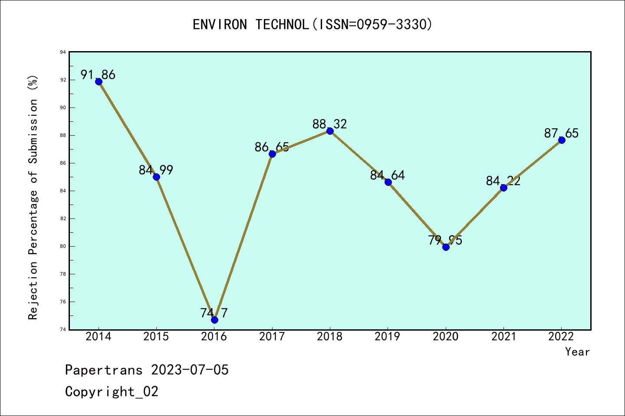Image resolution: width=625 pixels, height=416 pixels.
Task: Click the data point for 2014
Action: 99,81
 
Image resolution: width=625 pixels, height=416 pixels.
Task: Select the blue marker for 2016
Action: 214,320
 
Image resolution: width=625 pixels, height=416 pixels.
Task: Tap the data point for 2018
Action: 330,131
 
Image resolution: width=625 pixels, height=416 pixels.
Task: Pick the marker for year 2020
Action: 446,247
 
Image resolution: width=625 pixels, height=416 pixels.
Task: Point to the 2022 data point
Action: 562,140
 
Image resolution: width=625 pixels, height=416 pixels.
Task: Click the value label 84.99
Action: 156,170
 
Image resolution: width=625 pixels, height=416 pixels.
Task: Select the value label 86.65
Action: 272,147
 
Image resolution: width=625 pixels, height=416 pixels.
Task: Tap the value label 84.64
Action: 387,175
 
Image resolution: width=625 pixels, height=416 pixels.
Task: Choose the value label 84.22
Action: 503,181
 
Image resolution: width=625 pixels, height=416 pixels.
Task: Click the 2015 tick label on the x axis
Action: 156,337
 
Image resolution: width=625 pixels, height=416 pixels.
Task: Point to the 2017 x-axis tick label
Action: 272,337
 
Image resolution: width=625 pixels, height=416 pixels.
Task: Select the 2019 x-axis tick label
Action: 388,337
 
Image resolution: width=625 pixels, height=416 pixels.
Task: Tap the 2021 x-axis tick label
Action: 503,337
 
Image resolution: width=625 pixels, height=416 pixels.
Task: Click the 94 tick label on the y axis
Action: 63,52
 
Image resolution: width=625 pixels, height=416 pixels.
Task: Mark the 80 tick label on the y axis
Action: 63,247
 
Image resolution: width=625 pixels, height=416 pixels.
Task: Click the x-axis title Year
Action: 577,352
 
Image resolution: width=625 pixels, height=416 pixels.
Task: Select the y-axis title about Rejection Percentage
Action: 33,197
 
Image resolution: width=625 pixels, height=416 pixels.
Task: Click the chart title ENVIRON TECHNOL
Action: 312,25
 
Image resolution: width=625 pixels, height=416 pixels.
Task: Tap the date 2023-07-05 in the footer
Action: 190,370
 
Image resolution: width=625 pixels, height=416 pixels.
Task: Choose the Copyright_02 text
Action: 112,392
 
